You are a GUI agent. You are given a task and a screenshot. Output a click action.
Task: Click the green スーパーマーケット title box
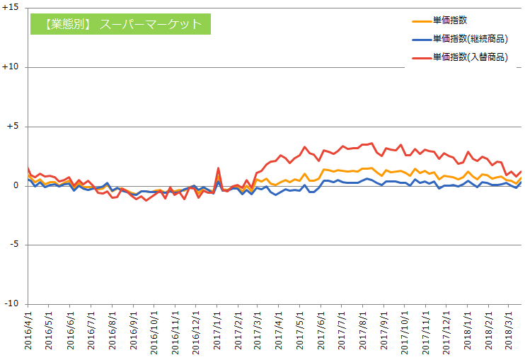[x=120, y=24]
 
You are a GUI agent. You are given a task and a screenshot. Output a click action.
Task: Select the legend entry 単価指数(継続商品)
[x=460, y=39]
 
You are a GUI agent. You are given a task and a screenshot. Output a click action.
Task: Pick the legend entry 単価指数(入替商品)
[x=460, y=57]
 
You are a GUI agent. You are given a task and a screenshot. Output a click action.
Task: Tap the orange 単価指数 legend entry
[x=439, y=21]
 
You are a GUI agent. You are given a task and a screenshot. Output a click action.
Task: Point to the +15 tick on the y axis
[x=11, y=7]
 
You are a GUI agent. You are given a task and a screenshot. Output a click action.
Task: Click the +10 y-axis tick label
[x=11, y=67]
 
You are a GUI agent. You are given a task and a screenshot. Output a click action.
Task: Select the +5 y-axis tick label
[x=13, y=127]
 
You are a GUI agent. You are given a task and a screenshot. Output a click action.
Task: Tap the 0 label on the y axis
[x=16, y=186]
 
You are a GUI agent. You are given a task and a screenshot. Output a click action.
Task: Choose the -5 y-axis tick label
[x=13, y=245]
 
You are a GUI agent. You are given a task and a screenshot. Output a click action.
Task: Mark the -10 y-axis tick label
[x=11, y=303]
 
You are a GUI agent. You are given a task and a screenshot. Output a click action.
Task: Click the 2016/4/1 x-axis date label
[x=28, y=331]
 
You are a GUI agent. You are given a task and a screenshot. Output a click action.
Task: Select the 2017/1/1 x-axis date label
[x=217, y=331]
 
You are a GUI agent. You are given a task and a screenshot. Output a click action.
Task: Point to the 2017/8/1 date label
[x=362, y=331]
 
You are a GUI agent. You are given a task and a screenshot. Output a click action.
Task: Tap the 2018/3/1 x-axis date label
[x=509, y=331]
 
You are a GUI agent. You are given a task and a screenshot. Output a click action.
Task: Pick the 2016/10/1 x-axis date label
[x=154, y=333]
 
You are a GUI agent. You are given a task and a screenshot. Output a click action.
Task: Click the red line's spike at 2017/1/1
[x=218, y=168]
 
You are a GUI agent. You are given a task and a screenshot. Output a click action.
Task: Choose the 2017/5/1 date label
[x=300, y=331]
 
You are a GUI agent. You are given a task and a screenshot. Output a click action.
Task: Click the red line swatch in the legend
[x=422, y=58]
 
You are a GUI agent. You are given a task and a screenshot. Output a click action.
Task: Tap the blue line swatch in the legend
[x=422, y=40]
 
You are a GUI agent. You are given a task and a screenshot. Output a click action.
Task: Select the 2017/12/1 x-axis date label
[x=446, y=333]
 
